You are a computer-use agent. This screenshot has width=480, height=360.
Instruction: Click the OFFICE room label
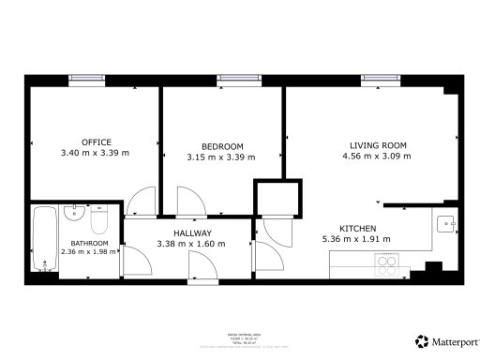click(96, 142)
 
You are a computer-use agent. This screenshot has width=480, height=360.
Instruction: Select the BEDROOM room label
click(222, 146)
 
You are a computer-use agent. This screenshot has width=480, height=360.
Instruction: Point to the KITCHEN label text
click(358, 228)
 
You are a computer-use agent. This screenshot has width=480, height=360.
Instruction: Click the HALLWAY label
click(191, 233)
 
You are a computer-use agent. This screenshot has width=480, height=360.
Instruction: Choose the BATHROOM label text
click(89, 243)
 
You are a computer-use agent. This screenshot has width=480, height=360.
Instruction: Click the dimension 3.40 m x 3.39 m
click(95, 153)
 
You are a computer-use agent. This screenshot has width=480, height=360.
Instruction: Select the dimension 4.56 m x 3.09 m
click(378, 156)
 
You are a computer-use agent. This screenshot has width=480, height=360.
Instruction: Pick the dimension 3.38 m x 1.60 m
click(191, 245)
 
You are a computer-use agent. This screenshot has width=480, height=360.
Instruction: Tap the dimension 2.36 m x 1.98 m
click(89, 251)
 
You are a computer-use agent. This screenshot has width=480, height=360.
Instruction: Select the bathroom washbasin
click(75, 214)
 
